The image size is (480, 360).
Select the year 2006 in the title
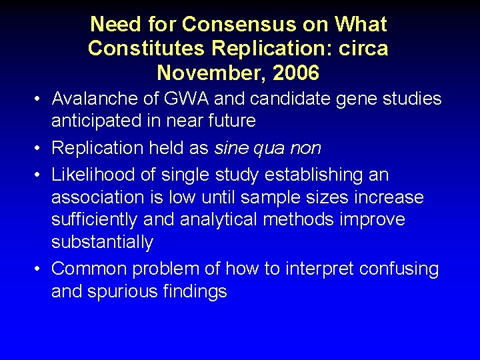point(292,71)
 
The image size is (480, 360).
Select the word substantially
point(102,241)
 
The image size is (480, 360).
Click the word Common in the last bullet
point(89,269)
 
